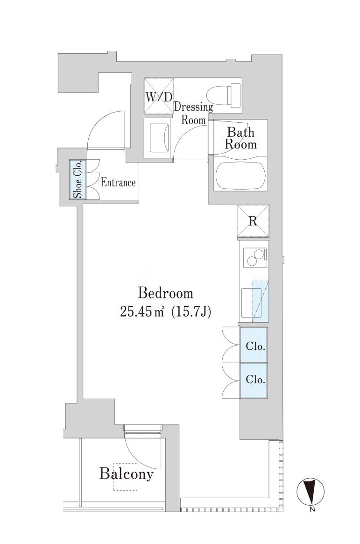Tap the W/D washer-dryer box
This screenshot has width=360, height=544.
coord(158,96)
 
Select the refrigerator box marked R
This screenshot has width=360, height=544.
coord(253,221)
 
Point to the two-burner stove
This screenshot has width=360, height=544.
coord(255,258)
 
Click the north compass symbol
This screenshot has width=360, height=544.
coord(311,492)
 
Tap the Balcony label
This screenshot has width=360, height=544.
coord(126,473)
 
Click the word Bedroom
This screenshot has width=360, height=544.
coord(165,293)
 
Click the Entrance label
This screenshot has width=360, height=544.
coord(118,183)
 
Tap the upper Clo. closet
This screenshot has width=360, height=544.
coord(254,346)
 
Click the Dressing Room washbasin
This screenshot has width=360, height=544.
coord(159,138)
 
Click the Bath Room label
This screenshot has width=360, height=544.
coord(240,138)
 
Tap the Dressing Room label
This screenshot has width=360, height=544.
coord(193,113)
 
